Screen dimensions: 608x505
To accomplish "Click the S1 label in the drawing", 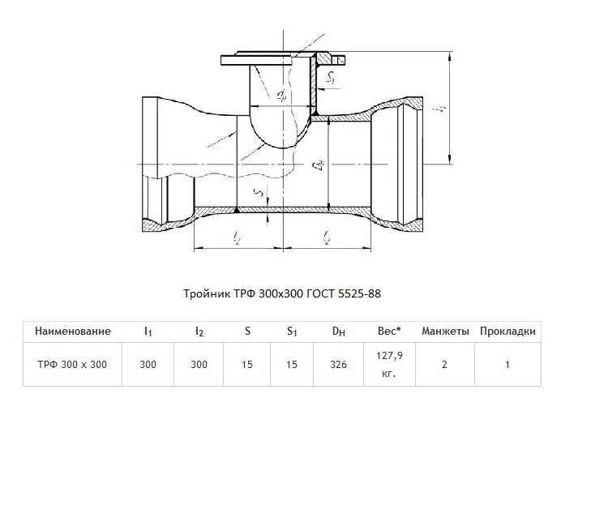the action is click(331, 78).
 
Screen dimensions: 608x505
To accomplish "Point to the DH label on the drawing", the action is click(319, 165).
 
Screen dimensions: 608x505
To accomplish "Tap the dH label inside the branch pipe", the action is click(282, 95).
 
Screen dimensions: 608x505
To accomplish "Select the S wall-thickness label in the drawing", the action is click(259, 191).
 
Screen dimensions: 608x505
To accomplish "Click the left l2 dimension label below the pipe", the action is click(237, 238).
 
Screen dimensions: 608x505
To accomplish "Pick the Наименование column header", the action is click(73, 332).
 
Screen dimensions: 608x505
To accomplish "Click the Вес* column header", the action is click(389, 332).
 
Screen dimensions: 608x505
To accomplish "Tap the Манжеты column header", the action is click(445, 332).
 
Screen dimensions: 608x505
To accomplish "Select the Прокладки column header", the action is click(507, 332).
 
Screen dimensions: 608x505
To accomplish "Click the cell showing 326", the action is click(339, 365).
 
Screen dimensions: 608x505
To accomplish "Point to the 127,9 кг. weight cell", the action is click(389, 365).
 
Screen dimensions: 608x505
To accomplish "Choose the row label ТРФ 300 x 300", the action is click(72, 365).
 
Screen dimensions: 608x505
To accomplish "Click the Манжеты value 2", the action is click(445, 365).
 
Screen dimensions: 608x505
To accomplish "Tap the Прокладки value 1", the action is click(507, 365).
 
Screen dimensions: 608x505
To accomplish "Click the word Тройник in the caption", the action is click(207, 293).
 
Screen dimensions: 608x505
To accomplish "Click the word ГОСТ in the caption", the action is click(321, 293).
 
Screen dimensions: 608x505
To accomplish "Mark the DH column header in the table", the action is click(339, 332).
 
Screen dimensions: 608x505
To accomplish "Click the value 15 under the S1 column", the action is click(292, 365).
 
